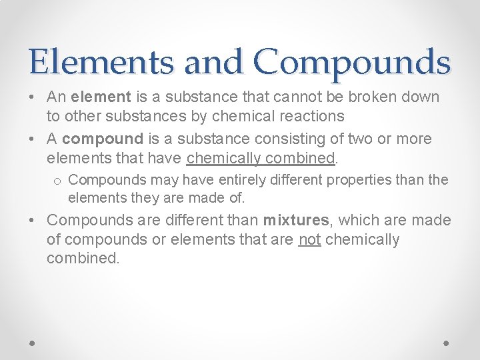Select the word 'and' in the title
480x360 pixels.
pyautogui.click(x=213, y=62)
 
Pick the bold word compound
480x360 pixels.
pyautogui.click(x=103, y=139)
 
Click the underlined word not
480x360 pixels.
pyautogui.click(x=309, y=239)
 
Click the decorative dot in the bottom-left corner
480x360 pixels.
pyautogui.click(x=33, y=342)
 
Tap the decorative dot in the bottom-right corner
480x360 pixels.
pyautogui.click(x=446, y=342)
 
